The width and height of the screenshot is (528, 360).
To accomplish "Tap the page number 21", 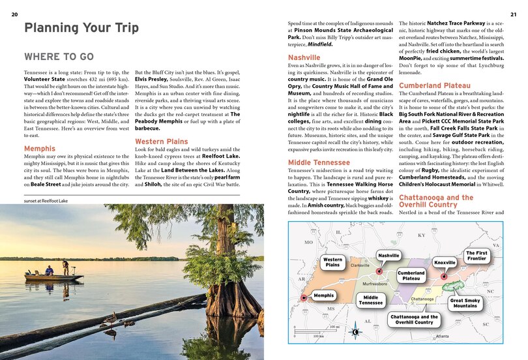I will tap(512, 14).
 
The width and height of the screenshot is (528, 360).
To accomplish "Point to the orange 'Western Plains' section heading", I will tap(161, 141).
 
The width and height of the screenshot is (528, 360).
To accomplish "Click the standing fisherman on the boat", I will tap(64, 267).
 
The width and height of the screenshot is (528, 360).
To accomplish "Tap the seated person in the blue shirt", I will tap(49, 271).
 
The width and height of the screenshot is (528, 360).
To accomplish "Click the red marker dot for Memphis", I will tap(303, 299).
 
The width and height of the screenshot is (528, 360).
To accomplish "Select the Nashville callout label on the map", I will tap(389, 256).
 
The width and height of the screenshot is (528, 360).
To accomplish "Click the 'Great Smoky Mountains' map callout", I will tap(466, 303).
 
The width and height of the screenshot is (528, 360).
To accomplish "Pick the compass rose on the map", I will tap(355, 332).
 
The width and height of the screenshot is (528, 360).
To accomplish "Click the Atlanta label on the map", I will tap(443, 337).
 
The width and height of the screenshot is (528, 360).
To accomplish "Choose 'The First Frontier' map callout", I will tap(476, 255).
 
